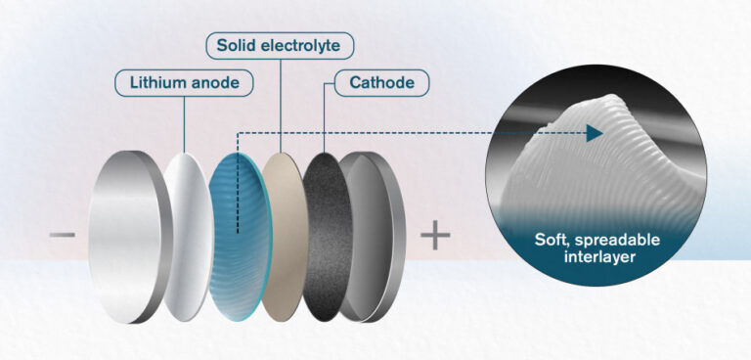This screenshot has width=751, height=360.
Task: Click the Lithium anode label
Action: click(184, 83)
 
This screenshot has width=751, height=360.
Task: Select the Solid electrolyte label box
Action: click(280, 45)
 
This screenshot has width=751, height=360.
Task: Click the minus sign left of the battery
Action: click(61, 235)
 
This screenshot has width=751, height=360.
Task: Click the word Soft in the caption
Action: click(553, 240)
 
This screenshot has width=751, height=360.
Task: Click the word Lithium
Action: click(157, 83)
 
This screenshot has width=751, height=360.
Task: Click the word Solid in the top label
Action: click(237, 45)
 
